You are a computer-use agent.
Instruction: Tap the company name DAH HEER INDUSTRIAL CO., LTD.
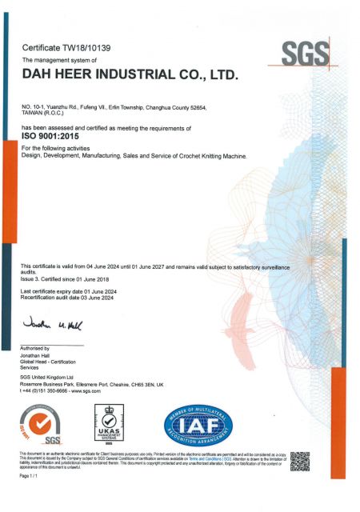[130, 75]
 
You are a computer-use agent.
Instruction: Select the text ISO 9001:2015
[55, 137]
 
